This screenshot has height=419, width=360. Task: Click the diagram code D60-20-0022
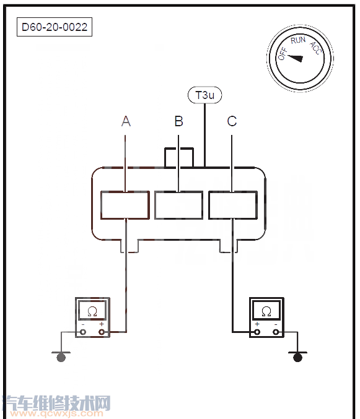[x=55, y=27]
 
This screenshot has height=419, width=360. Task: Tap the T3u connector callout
[x=205, y=95]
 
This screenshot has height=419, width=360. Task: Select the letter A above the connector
[x=126, y=121]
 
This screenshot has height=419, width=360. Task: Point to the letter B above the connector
[x=178, y=121]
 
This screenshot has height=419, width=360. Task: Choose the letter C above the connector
[x=232, y=121]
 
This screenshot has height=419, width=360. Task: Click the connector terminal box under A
[x=125, y=205]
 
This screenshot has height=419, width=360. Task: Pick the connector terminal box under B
[x=178, y=205]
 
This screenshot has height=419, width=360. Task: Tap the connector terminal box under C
[x=233, y=205]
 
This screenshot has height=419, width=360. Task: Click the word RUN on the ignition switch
[x=298, y=40]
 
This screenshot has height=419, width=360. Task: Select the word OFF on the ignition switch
[x=283, y=54]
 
